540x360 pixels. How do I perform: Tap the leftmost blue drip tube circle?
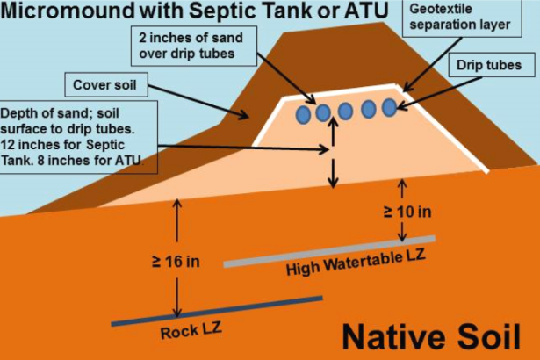tap(304, 114)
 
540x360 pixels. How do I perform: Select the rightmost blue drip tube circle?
tap(389, 107)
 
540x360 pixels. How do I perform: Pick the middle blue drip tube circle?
tap(346, 111)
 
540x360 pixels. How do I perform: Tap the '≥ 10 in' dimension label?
tap(407, 212)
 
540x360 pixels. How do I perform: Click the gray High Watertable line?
tap(329, 250)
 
